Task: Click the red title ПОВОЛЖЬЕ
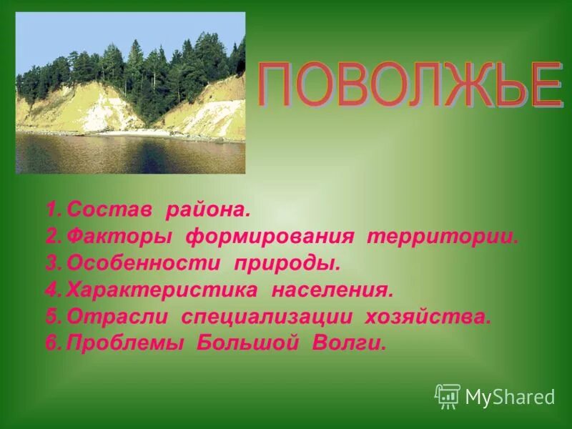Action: [408, 87]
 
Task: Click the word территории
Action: [442, 237]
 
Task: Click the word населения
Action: [332, 290]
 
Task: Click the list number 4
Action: [51, 290]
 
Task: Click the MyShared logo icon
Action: [447, 396]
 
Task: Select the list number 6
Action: [51, 343]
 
